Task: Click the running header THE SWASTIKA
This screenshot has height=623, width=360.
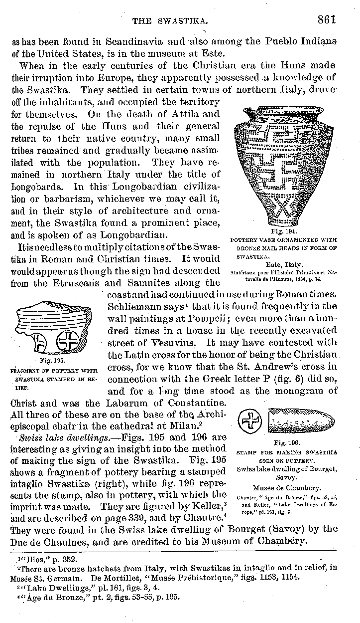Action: click(x=169, y=21)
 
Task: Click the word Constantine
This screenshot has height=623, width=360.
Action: click(x=193, y=403)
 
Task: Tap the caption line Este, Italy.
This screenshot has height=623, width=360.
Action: click(x=285, y=264)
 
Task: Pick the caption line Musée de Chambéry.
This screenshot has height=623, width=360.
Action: click(x=286, y=488)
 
